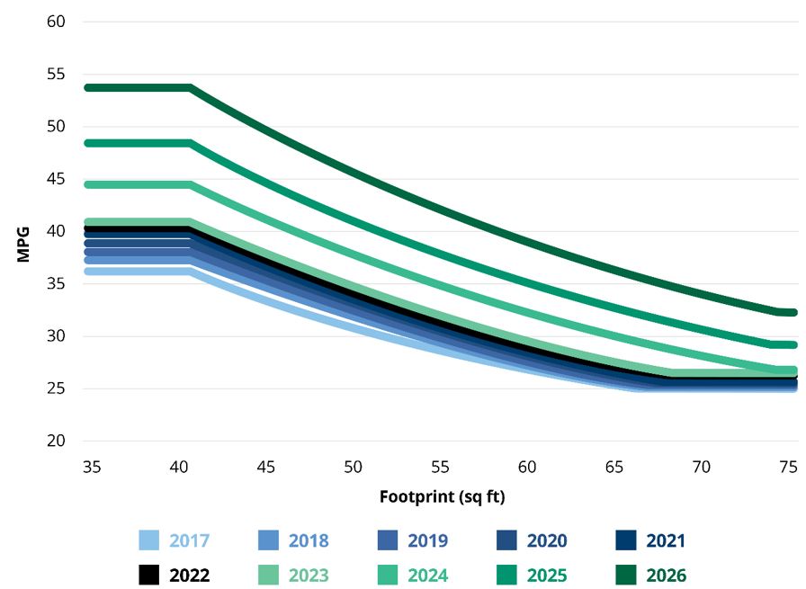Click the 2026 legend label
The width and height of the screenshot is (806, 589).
coord(666,576)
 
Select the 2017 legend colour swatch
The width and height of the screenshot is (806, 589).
coord(149,540)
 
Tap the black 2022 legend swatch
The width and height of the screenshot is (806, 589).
coord(149,576)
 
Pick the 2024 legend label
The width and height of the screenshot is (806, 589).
coord(428,576)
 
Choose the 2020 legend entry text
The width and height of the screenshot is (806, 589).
coord(547,540)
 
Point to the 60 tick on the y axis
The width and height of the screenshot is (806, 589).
coord(56,21)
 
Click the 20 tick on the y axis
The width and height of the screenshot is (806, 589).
coord(56,442)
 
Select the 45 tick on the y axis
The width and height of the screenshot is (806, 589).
coord(56,179)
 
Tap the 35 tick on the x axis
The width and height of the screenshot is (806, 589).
coord(90,467)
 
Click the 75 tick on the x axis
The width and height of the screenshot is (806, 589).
coord(789,467)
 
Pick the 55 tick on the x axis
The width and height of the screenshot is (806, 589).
coord(439,467)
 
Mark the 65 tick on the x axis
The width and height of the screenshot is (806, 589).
coord(614,467)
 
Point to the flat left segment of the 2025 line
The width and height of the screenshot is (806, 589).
coord(135,143)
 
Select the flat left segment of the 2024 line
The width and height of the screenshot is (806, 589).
coord(135,184)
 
